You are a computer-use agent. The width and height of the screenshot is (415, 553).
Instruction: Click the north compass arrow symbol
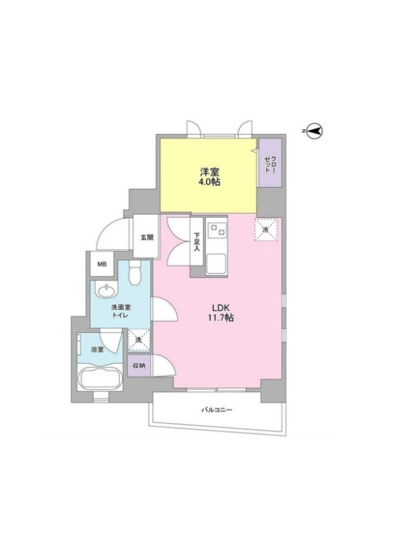314,131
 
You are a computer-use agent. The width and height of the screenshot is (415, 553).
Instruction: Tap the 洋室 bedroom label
210,172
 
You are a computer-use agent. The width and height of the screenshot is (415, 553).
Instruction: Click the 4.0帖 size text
210,182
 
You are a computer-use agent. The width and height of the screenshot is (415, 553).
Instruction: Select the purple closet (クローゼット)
270,162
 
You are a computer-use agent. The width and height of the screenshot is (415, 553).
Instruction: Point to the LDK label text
219,307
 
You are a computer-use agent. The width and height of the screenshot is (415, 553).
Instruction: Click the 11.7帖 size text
220,318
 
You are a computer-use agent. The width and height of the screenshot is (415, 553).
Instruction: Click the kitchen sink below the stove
216,264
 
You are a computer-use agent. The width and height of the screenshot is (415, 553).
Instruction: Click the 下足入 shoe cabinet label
196,241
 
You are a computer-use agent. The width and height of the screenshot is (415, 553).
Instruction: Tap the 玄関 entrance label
147,237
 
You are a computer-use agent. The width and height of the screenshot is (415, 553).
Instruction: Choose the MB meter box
102,264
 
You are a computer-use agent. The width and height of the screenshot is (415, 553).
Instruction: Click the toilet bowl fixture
135,272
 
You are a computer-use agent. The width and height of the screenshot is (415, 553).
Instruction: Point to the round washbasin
107,290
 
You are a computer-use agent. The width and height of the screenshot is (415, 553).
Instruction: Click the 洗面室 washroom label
120,308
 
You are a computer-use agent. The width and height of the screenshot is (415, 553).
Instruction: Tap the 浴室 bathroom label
97,350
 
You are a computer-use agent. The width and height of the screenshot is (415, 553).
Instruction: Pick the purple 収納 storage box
139,366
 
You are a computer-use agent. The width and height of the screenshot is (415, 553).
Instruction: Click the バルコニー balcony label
216,410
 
